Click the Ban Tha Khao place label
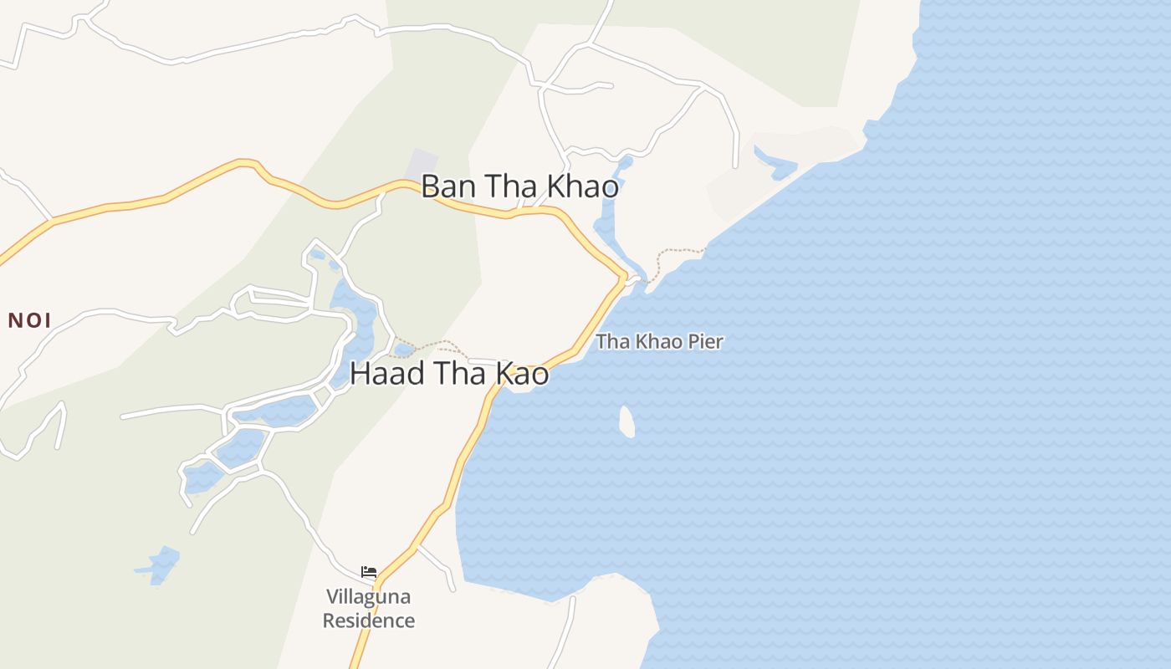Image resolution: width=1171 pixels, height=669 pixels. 519,186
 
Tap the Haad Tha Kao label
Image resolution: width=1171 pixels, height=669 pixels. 449,374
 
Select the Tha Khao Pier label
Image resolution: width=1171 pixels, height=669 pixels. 659,341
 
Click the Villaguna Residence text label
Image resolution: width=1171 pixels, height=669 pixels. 369,609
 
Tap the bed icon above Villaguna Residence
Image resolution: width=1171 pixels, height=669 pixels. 369,573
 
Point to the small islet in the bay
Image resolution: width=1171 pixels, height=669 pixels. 626,421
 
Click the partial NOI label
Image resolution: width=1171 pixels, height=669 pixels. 29,320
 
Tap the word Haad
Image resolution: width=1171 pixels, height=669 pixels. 387,374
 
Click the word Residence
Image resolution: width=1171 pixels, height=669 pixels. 369,620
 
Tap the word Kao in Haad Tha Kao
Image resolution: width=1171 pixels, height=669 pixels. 524,374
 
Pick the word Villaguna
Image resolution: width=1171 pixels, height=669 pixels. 369,597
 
